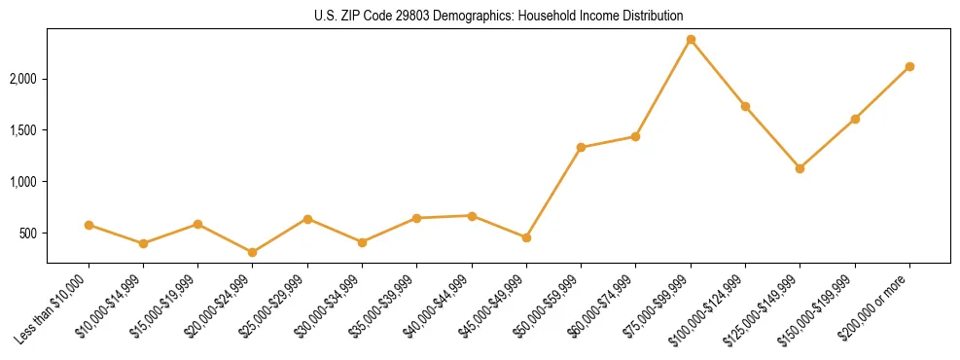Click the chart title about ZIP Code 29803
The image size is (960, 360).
tap(498, 16)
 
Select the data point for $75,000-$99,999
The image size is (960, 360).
tap(691, 40)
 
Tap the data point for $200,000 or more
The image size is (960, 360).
tap(909, 66)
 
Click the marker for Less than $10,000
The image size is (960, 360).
tap(89, 225)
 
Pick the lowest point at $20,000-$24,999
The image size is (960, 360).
tap(253, 252)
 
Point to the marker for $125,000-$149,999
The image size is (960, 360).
tap(800, 168)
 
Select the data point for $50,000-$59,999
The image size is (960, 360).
tap(581, 148)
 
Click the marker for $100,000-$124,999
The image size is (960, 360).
tap(745, 106)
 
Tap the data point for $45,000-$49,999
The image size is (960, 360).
tap(526, 237)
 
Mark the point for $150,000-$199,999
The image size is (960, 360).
tap(855, 119)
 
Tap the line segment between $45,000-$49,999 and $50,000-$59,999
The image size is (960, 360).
tap(553, 193)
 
